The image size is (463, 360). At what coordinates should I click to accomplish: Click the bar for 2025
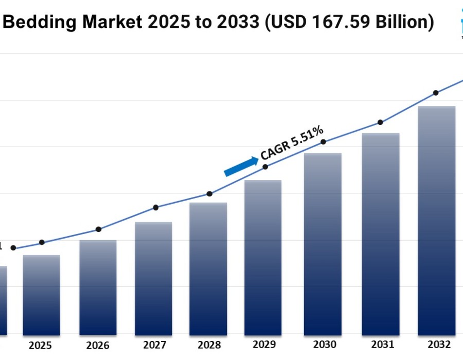[x=42, y=295]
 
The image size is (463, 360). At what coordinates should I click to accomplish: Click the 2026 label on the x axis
[x=97, y=345]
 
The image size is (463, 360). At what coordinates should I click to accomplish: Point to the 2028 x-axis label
[x=209, y=345]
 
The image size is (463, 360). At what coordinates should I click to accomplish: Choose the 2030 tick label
[x=324, y=345]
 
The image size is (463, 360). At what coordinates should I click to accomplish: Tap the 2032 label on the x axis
[x=438, y=344]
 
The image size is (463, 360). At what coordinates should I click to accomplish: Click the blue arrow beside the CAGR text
[x=241, y=167]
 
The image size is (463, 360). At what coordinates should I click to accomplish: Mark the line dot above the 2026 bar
[x=98, y=229]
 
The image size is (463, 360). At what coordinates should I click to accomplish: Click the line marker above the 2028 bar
[x=209, y=194]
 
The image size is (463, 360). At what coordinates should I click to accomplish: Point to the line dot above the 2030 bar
[x=323, y=142]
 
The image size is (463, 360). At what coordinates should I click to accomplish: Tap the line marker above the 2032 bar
[x=436, y=93]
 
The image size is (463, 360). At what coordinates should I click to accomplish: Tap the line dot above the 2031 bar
[x=380, y=122]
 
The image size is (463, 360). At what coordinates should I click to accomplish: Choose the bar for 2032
[x=437, y=221]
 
